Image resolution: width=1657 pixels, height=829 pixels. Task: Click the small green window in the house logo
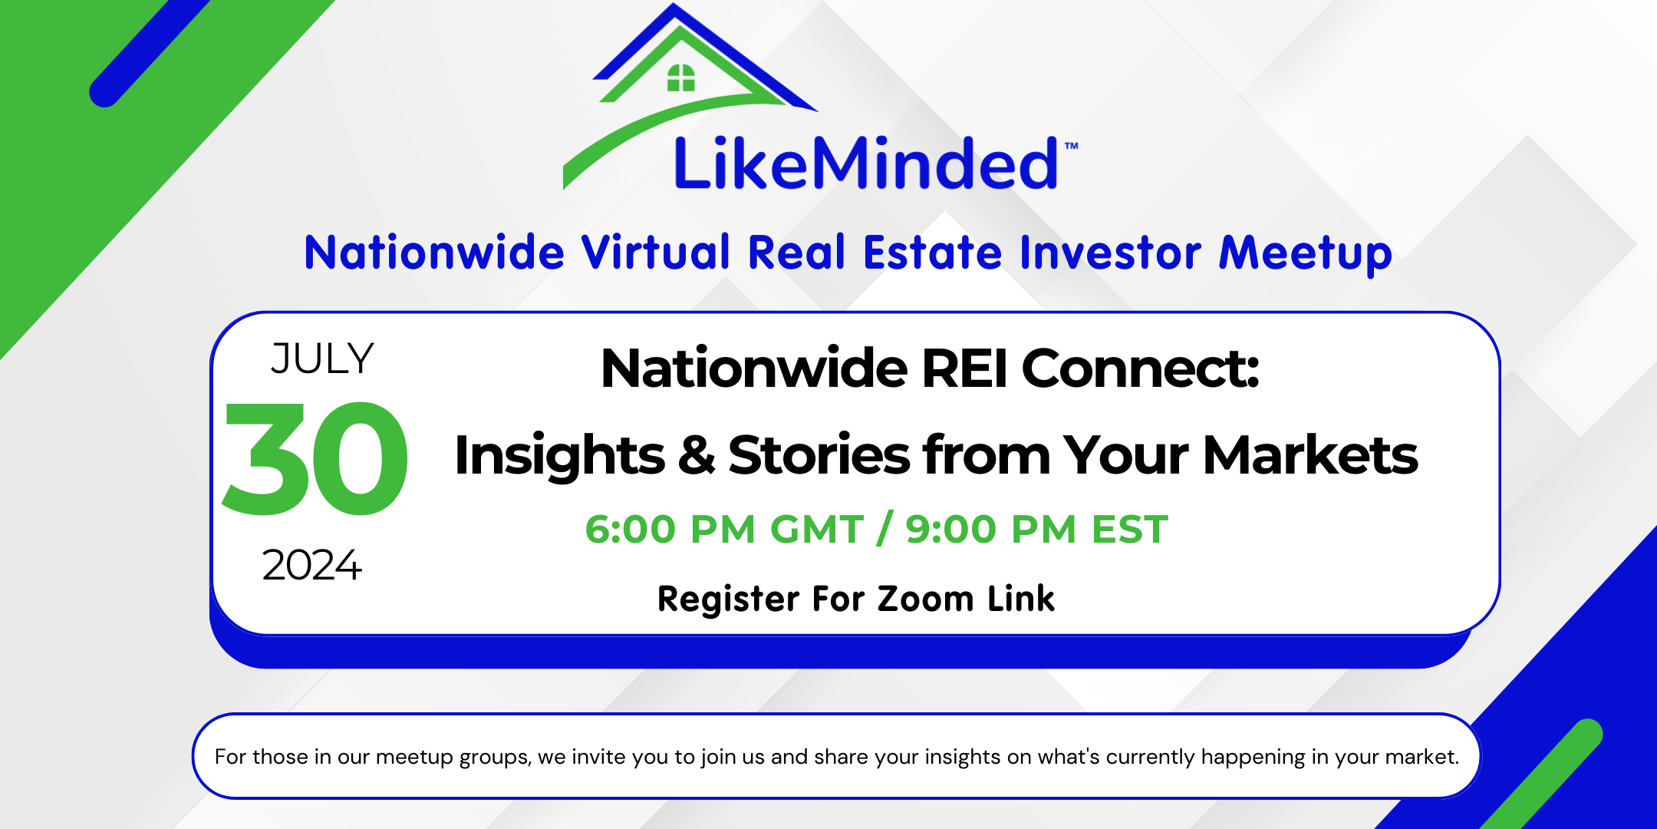coord(680,78)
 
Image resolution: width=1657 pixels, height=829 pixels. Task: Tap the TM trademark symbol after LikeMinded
coord(1071,146)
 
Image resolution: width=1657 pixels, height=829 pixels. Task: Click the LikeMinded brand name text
coord(865,163)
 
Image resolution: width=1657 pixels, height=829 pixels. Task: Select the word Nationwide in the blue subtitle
coord(434,253)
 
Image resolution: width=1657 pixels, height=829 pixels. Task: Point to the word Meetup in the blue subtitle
coord(1305,253)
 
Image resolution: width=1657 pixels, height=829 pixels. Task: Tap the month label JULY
coord(322,359)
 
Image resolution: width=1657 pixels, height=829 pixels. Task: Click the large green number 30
coord(315,460)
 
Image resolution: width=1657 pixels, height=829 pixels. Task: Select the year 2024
coord(311,566)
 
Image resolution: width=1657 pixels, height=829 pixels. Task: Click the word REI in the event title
coord(964,369)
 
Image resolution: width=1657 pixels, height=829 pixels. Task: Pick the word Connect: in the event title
coord(1140,369)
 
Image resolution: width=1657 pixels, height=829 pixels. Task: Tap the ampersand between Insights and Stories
coord(696,454)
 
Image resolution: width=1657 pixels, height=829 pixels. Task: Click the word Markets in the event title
coord(1310,455)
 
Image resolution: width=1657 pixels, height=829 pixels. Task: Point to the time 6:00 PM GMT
coord(724,530)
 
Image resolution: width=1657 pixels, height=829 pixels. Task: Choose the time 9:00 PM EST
coord(1036,530)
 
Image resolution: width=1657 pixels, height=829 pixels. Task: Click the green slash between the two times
coord(885,529)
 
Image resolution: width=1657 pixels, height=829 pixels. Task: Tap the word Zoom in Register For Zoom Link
coord(925,599)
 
